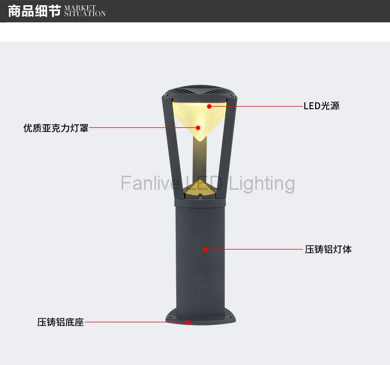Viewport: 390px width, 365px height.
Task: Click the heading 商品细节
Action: [34, 11]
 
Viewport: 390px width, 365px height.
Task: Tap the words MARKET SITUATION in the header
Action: [85, 11]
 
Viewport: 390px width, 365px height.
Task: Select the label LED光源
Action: [321, 106]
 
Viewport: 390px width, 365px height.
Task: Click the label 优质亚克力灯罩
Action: [56, 127]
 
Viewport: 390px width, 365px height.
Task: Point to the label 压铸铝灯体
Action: [328, 250]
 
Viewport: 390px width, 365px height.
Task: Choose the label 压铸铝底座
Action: [60, 322]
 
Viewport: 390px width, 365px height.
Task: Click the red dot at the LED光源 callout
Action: [209, 106]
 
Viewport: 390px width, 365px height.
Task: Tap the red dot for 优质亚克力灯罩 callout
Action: [198, 127]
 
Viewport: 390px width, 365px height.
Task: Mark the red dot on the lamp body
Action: [205, 250]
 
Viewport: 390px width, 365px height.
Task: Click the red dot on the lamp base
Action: [189, 322]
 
